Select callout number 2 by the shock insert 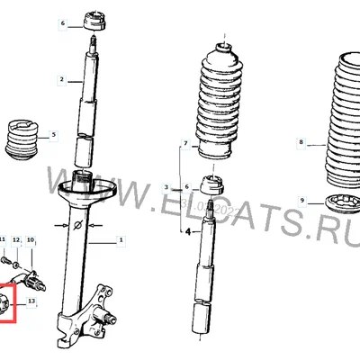coord(62,80)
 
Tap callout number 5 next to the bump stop coord(53,135)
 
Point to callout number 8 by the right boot coord(301,142)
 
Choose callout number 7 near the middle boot coord(186,144)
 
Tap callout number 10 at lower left coord(30,240)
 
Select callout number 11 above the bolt coord(3,240)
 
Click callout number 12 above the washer coord(16,240)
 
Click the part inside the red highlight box coord(8,303)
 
